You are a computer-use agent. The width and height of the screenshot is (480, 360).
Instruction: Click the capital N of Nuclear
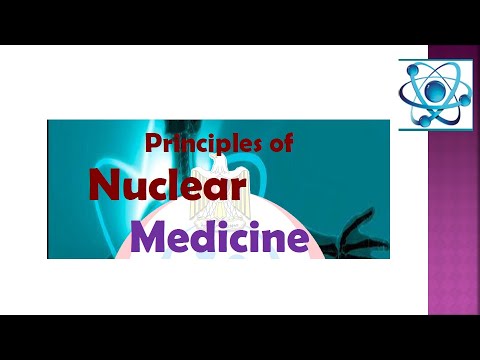pyautogui.click(x=102, y=188)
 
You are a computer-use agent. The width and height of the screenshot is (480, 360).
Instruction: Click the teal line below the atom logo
pyautogui.click(x=436, y=127)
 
